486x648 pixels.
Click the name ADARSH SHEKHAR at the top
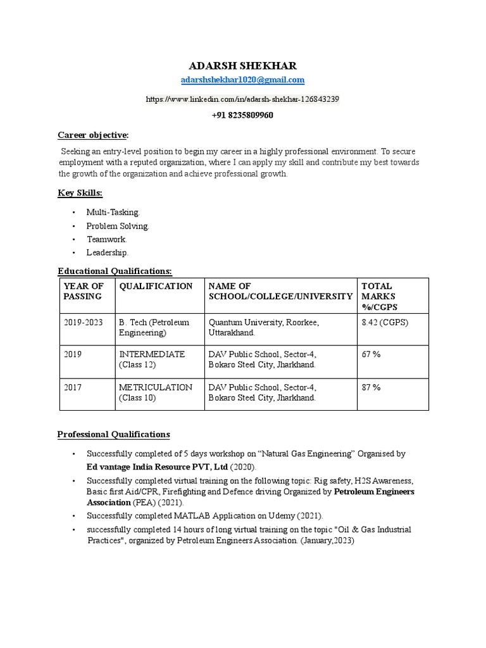[x=242, y=66]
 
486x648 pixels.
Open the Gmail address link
[x=242, y=80]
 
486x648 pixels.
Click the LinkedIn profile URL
[x=242, y=99]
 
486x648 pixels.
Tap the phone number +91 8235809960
[x=242, y=116]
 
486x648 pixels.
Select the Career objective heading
[x=93, y=135]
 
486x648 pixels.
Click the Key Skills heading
[x=80, y=193]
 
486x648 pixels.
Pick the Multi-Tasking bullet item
[x=113, y=213]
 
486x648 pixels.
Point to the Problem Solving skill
[x=118, y=226]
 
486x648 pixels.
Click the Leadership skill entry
[x=107, y=252]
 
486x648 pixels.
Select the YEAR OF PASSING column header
[x=84, y=291]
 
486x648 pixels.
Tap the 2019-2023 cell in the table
[x=83, y=323]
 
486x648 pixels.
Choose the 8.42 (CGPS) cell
[x=385, y=323]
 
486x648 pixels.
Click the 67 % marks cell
[x=371, y=354]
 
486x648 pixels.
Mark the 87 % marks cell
[x=371, y=387]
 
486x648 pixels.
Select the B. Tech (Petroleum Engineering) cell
[x=154, y=328]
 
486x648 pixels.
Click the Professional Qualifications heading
[x=113, y=435]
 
